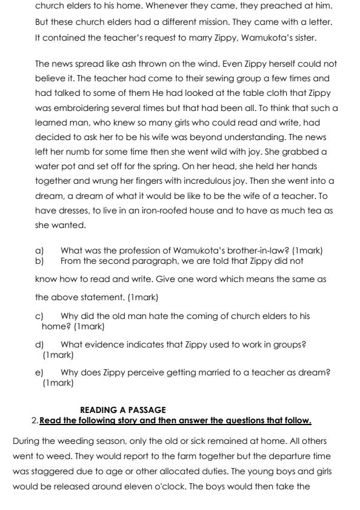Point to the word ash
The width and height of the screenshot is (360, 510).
[133, 64]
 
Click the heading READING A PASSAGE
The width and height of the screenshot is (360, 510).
[123, 411]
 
